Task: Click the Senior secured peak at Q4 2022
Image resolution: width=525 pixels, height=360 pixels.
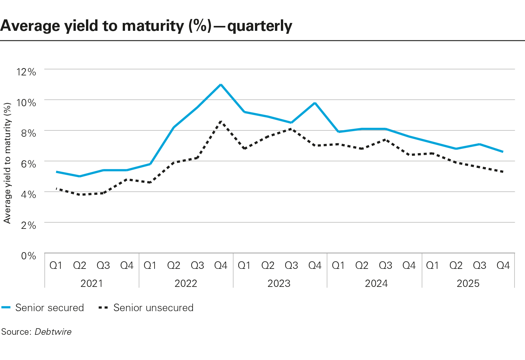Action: pos(221,85)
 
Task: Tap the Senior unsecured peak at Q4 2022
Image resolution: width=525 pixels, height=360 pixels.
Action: pos(221,121)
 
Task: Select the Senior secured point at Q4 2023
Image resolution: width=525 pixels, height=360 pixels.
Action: pos(315,103)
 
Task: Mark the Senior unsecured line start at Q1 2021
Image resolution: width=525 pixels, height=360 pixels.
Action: pos(56,189)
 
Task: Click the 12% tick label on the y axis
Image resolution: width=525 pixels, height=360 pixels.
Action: pos(26,72)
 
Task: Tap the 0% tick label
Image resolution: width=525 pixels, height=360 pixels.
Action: pos(28,256)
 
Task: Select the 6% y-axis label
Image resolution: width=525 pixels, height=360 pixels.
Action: pos(28,164)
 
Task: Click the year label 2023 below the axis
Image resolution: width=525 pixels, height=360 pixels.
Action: pos(279,283)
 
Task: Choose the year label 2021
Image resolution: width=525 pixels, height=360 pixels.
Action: pos(92,283)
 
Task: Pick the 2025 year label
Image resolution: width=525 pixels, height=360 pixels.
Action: pos(468,283)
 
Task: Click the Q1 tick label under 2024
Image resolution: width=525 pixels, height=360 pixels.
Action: pos(338,265)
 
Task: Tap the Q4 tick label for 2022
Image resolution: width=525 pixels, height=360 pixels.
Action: pos(221,265)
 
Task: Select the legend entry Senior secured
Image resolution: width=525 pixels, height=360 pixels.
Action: pos(49,308)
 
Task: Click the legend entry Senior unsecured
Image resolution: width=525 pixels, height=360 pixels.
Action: pos(153,308)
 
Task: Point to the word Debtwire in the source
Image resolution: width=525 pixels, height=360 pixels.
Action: pos(53,332)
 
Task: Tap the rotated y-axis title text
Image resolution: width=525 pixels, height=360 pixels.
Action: pos(7,163)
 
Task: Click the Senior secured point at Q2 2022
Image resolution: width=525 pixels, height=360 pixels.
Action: pos(174,127)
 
